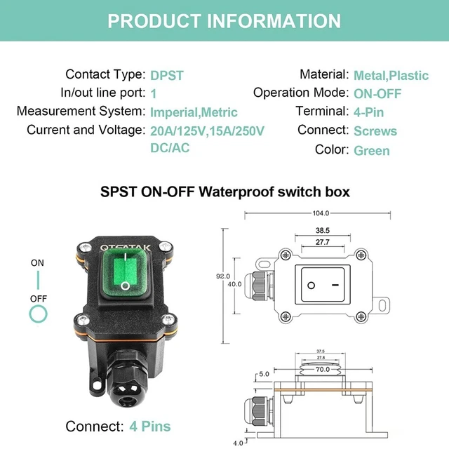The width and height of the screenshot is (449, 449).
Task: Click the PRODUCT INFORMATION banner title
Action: [224, 20]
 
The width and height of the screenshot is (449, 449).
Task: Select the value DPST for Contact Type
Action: [167, 75]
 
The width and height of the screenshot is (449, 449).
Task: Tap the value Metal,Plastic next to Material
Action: [391, 75]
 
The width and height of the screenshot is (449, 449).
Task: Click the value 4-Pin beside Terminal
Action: [369, 112]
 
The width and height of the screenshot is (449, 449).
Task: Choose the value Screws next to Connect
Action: [375, 131]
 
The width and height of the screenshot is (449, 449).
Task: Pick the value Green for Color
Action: [372, 150]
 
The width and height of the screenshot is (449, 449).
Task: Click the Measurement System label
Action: [81, 112]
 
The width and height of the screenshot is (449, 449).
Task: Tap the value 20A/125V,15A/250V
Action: [207, 131]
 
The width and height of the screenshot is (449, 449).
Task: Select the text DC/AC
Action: [170, 148]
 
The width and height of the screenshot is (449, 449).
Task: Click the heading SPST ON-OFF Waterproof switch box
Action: [224, 192]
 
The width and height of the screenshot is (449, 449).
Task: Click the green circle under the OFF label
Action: [38, 313]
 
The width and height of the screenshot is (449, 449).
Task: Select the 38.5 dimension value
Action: [323, 230]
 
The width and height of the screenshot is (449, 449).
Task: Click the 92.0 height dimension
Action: [223, 276]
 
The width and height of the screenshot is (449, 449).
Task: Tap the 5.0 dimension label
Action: [264, 374]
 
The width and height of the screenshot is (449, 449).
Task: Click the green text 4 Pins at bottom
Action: [150, 426]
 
